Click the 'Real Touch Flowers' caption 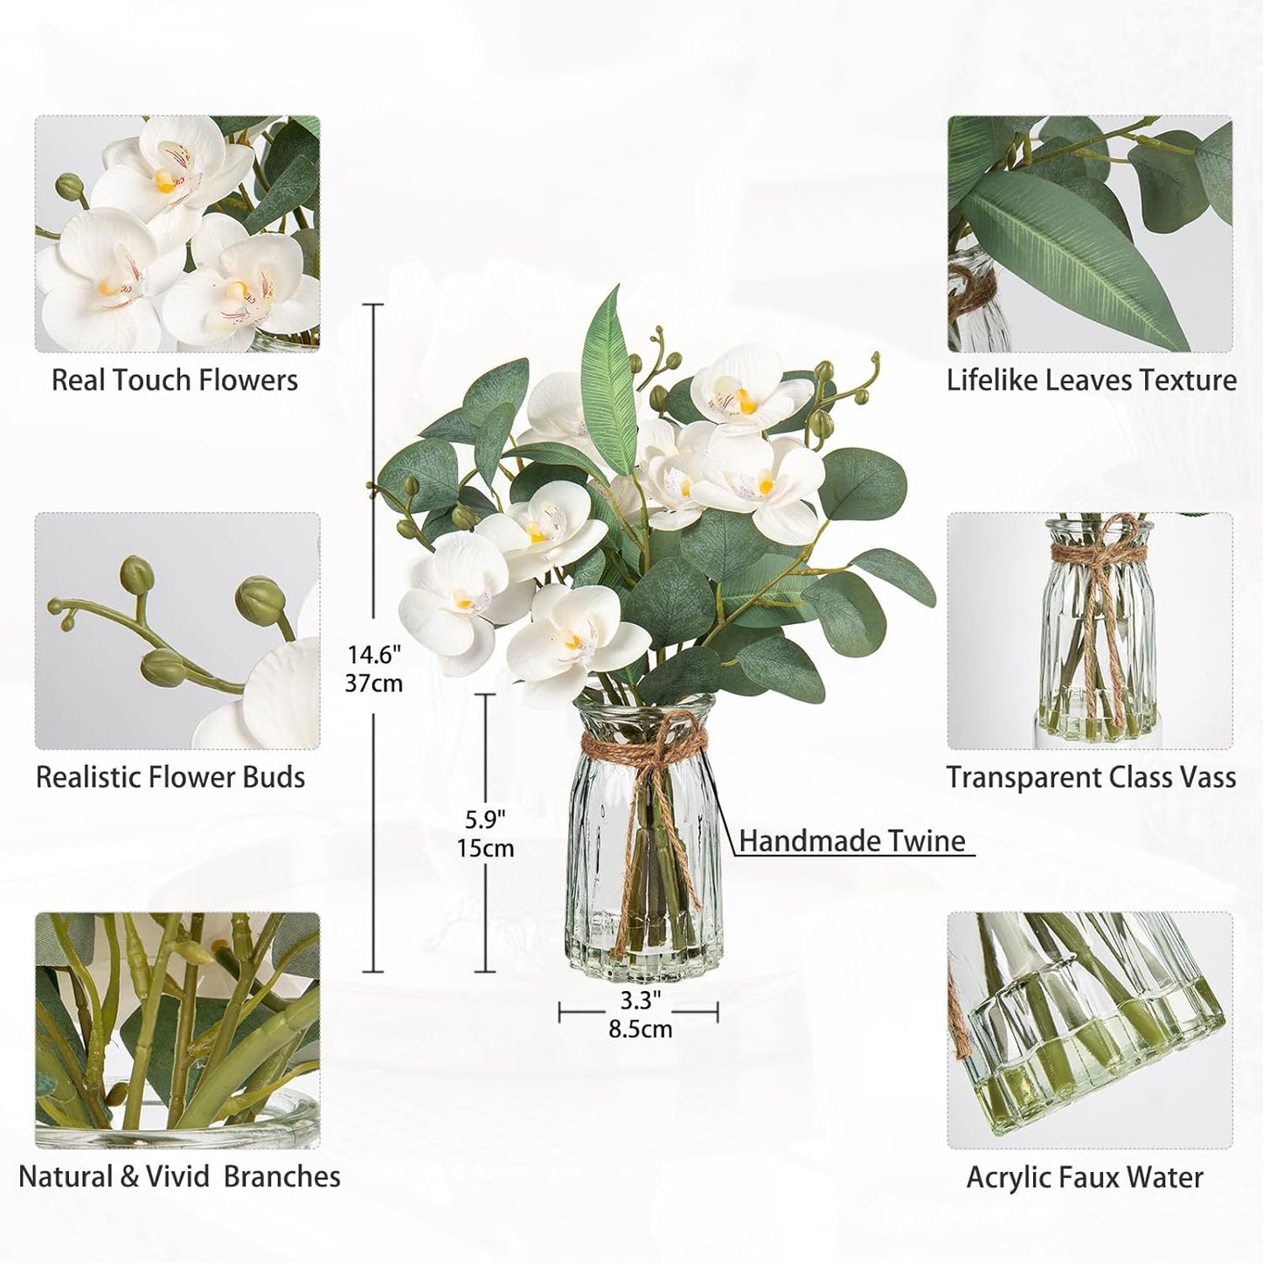pos(175,380)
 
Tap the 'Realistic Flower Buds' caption pos(170,777)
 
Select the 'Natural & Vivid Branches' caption pos(179,1176)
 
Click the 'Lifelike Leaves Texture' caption pos(1092,380)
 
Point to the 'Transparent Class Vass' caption pos(1092,777)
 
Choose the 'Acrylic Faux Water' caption pos(1085,1177)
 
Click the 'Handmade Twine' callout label pos(852,841)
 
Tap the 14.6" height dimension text pos(373,654)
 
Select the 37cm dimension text pos(373,683)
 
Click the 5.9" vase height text pos(485,820)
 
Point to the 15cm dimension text pos(485,849)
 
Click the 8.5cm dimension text pos(641,1029)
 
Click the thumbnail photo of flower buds pos(177,630)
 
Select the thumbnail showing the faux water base pos(1090,1031)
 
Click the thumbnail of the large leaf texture pos(1090,234)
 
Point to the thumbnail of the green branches pos(177,1031)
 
